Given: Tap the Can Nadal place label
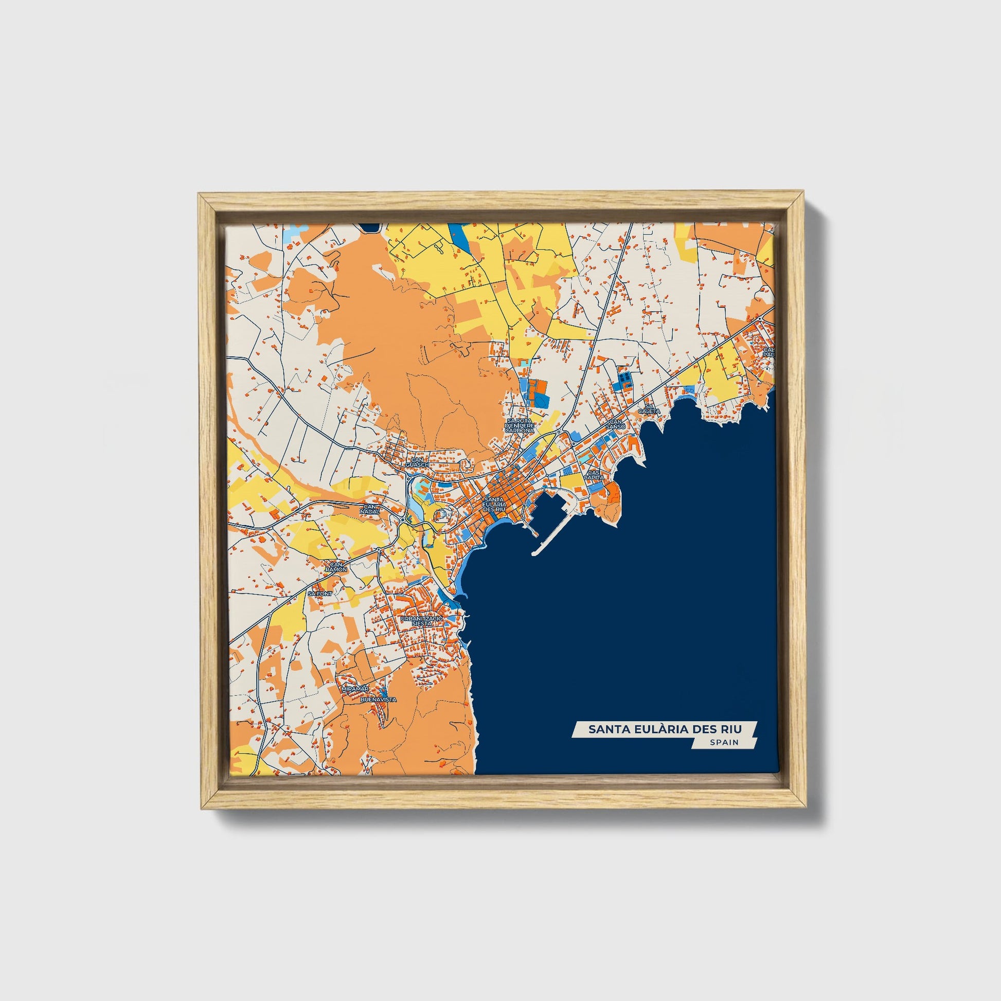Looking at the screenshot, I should click(x=371, y=509).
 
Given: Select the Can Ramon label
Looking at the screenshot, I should click(x=336, y=567).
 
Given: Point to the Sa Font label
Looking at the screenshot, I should click(x=319, y=594).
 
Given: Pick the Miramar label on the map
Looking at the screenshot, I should click(x=355, y=689).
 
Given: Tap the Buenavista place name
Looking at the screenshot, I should click(x=378, y=700).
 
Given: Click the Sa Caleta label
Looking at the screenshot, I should click(x=649, y=408).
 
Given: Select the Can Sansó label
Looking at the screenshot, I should click(x=617, y=424).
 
